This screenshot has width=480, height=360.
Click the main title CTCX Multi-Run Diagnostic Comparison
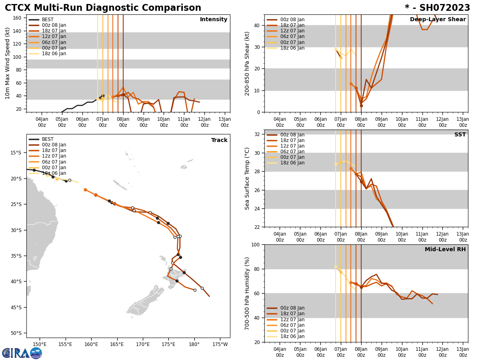(x=103, y=8)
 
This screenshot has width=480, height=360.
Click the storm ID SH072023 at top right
(x=437, y=8)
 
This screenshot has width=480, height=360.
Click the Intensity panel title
(x=214, y=20)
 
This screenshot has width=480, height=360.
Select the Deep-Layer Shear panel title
(x=438, y=20)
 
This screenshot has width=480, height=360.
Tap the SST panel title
(x=460, y=135)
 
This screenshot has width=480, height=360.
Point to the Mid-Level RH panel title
(x=445, y=250)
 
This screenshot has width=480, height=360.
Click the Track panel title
(x=219, y=140)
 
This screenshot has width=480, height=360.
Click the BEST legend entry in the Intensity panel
(x=48, y=20)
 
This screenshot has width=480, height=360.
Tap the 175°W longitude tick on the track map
(x=220, y=344)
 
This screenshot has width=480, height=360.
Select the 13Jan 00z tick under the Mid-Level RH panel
(x=463, y=352)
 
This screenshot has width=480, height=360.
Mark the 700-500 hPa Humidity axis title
(x=248, y=293)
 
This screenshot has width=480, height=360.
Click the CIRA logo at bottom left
(x=22, y=353)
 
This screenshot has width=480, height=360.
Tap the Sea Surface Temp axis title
(x=248, y=178)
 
